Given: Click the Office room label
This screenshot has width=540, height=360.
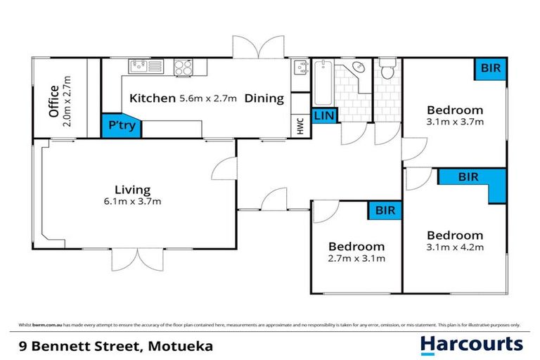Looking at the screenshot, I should click(53, 101).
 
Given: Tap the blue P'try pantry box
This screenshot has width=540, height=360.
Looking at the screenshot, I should click(122, 125).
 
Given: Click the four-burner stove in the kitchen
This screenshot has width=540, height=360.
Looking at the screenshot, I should click(184, 67).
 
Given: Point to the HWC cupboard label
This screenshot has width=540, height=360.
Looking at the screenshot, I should click(300, 127).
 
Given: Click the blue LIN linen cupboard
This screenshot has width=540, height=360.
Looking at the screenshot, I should click(324, 116).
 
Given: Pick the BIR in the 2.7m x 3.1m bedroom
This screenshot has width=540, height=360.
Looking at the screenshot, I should click(385, 210).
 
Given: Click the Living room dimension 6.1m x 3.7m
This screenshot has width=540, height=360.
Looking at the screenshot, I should click(134, 202).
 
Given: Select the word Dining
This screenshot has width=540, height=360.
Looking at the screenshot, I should click(264, 98).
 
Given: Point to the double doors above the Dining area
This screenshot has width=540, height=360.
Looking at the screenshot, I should click(258, 48).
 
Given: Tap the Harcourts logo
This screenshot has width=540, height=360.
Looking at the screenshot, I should click(472, 344).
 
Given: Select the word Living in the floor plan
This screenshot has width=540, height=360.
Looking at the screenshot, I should click(133, 189).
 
